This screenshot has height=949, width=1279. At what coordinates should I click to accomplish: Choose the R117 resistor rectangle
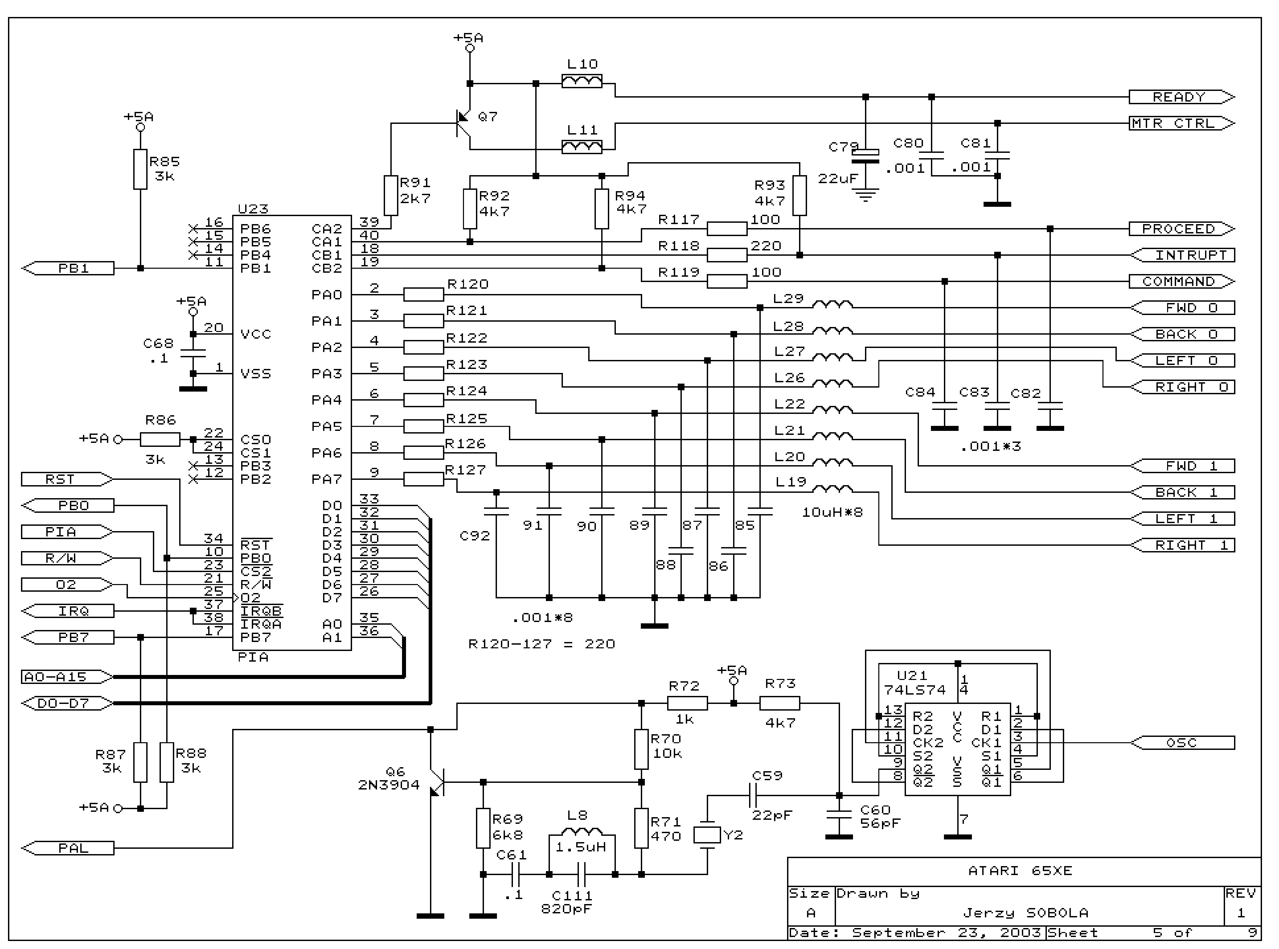click(727, 229)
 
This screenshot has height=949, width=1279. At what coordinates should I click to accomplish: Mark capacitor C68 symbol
click(193, 353)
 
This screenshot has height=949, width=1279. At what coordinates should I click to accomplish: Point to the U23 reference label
click(253, 208)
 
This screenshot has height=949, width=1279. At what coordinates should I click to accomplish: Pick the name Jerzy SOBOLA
click(1026, 913)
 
